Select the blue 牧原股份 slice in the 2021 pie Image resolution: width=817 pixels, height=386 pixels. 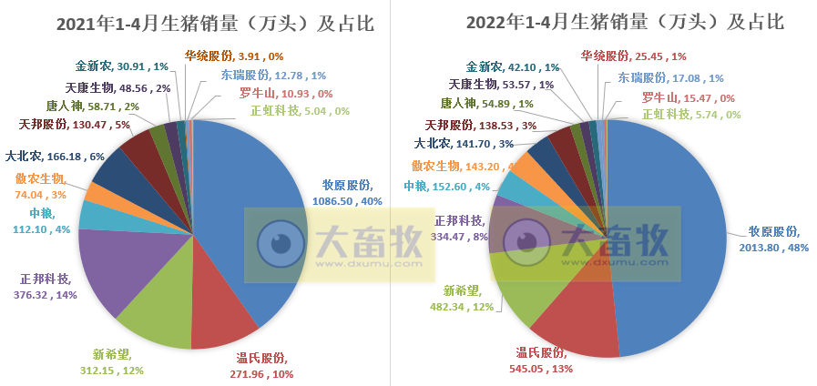point(246,200)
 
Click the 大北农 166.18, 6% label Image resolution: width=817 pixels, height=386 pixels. point(55,156)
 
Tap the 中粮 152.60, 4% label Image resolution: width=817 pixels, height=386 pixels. point(445,187)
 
